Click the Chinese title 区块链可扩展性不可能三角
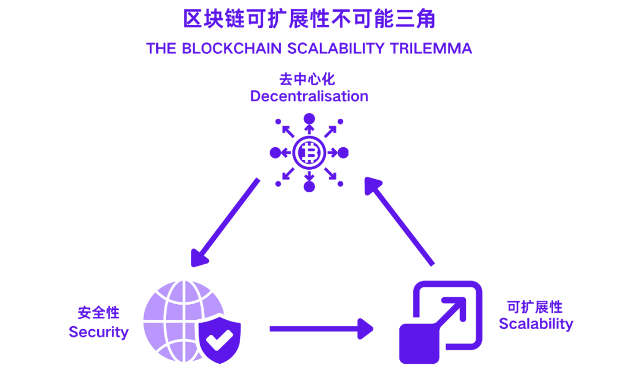coord(309,19)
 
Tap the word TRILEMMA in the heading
coord(431,48)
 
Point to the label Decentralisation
coord(309,96)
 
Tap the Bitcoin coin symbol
coord(309,153)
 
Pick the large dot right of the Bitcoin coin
coord(343,153)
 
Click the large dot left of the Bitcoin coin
coord(275,153)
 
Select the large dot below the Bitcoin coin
coord(310,187)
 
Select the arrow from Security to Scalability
coord(321,328)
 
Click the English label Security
coord(98,332)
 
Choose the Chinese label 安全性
coord(98,313)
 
